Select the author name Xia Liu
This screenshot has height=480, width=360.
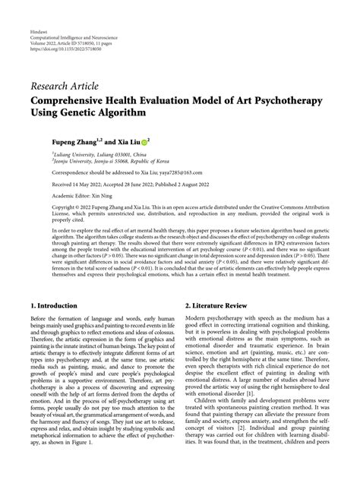click(126, 141)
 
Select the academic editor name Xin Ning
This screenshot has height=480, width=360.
click(102, 196)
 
